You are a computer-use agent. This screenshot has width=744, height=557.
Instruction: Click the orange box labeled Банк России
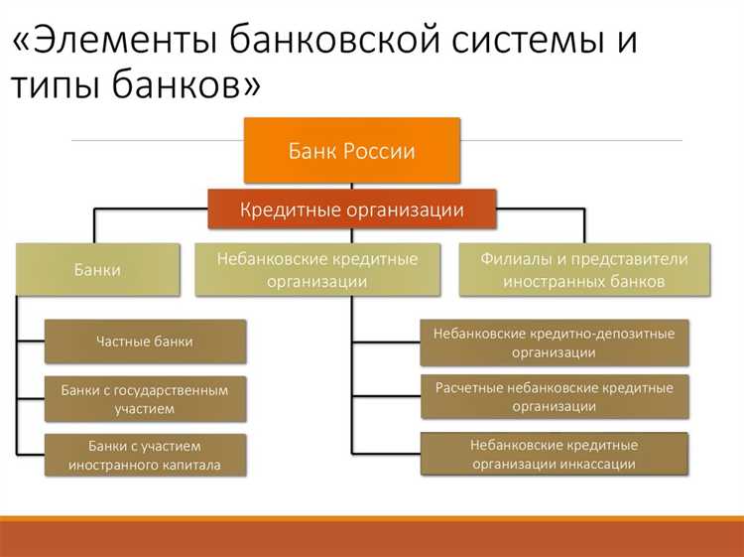(x=352, y=151)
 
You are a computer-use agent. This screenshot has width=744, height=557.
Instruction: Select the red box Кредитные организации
(x=352, y=209)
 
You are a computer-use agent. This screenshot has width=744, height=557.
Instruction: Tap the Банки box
(x=97, y=269)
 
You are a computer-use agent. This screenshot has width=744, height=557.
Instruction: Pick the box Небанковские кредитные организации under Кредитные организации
(x=317, y=269)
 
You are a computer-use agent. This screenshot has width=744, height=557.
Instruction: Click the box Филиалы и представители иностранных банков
(x=584, y=269)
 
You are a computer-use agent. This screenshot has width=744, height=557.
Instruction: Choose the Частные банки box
(x=145, y=342)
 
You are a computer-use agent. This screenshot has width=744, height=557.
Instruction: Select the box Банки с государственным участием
(x=145, y=398)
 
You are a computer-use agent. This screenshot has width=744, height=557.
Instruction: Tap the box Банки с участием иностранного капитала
(x=145, y=455)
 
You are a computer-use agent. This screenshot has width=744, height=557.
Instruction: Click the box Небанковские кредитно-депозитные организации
(x=554, y=343)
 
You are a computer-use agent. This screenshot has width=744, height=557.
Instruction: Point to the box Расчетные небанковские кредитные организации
(x=554, y=397)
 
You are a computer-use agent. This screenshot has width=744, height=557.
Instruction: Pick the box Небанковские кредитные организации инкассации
(x=554, y=454)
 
